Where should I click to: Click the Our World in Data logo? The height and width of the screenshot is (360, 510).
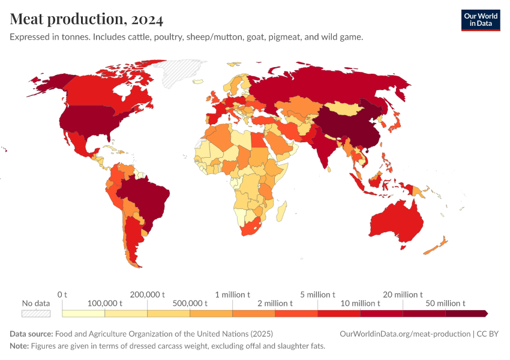pyautogui.click(x=480, y=20)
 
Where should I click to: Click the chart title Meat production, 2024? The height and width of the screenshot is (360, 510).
pyautogui.click(x=86, y=19)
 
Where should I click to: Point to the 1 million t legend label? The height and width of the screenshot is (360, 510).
pyautogui.click(x=233, y=295)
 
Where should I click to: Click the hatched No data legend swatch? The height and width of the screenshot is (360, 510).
pyautogui.click(x=35, y=313)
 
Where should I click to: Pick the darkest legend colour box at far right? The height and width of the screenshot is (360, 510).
pyautogui.click(x=467, y=313)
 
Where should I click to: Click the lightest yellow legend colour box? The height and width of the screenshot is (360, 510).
pyautogui.click(x=83, y=313)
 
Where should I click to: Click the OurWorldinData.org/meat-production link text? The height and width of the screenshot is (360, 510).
pyautogui.click(x=405, y=334)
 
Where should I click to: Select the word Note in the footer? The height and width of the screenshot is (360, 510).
pyautogui.click(x=19, y=346)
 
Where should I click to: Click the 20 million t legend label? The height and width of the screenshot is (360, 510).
pyautogui.click(x=403, y=295)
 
